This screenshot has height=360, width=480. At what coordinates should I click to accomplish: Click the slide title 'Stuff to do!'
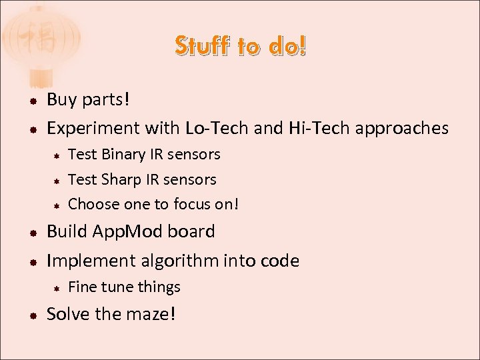point(241,46)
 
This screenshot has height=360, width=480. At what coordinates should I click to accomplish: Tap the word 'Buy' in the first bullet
point(62,100)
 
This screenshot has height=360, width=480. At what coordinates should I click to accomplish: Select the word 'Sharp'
point(122,179)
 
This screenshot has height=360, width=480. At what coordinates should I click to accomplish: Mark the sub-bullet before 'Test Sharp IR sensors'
point(58,180)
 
